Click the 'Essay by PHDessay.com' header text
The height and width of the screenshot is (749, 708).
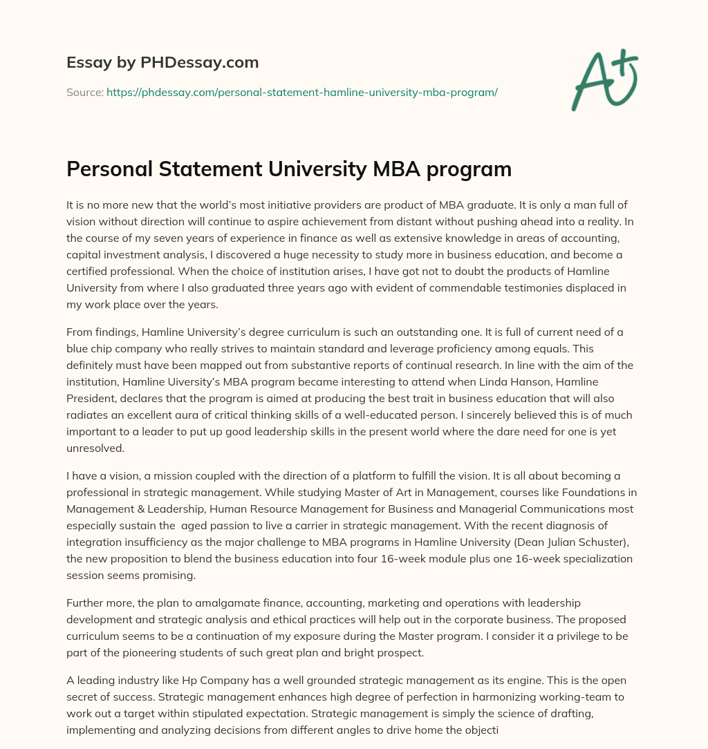pos(162,63)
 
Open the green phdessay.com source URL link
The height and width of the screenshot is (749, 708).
pos(301,92)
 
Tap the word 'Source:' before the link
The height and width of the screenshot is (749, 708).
pos(85,92)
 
